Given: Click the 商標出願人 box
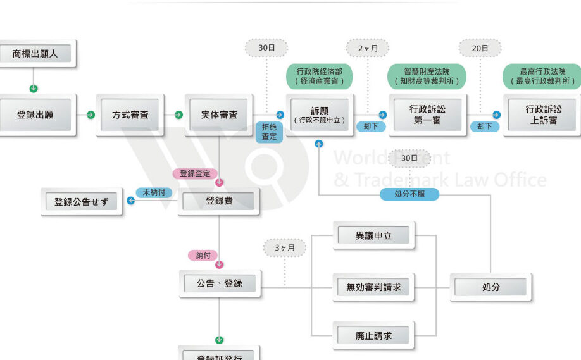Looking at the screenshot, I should point(35,54).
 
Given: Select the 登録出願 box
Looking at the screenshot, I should point(35,115).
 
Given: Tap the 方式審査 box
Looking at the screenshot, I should point(130,115).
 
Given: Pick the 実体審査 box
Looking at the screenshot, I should point(220,115).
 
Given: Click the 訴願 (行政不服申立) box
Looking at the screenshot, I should point(320,115).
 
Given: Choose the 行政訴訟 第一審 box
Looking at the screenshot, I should point(427,115).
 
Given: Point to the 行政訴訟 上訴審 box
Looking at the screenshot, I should point(543,115).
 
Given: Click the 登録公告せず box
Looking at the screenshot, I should point(81,202).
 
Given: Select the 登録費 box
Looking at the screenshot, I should point(219,201).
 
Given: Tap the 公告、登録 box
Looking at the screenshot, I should point(219,283).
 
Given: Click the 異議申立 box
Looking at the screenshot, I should point(373,236).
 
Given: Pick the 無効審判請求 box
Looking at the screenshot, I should point(373,287).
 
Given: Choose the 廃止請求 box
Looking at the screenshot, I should point(373,336).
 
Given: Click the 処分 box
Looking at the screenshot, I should point(491,287).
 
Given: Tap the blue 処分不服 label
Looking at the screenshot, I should point(409,194).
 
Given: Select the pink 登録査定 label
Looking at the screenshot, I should point(195,173).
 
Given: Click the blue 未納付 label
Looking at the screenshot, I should point(154,192).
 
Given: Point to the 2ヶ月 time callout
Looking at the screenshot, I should point(367,48).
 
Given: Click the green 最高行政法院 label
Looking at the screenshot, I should point(542,77).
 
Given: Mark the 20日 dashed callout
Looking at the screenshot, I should point(480,48).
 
